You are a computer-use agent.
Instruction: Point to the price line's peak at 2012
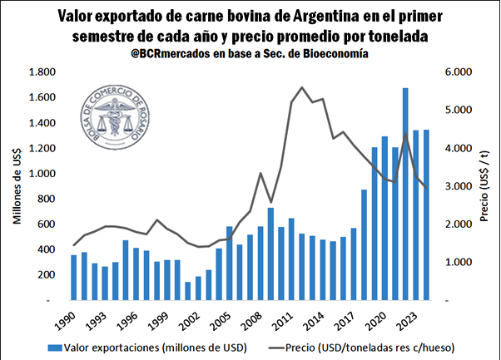click(301, 87)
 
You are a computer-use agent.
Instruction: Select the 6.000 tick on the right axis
click(456, 72)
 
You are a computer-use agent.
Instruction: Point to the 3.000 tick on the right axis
click(456, 186)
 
